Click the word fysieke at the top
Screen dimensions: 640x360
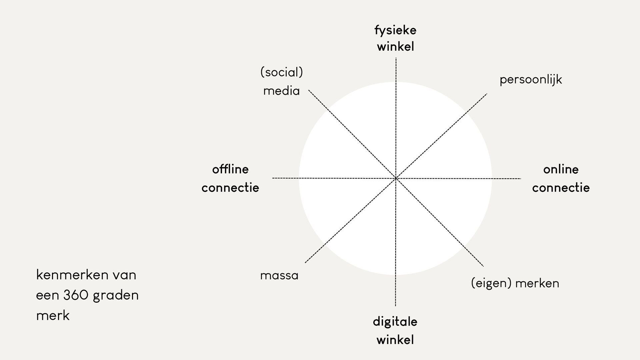395,31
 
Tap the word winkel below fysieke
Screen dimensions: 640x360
395,47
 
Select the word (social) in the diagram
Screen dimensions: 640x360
281,72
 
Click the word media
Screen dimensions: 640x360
281,91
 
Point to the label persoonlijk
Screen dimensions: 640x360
531,80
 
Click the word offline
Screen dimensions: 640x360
230,169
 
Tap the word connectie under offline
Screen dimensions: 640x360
230,188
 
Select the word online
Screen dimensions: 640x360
561,169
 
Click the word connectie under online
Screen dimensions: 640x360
561,188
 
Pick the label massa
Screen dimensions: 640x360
279,276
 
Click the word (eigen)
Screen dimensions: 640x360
491,283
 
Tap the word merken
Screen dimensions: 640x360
537,283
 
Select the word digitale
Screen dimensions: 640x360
395,322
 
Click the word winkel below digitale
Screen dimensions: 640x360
395,340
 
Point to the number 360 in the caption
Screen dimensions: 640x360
76,295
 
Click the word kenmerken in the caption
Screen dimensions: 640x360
72,275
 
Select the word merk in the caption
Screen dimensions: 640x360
53,315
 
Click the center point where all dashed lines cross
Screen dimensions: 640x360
396,178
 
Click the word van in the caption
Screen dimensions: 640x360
124,275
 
